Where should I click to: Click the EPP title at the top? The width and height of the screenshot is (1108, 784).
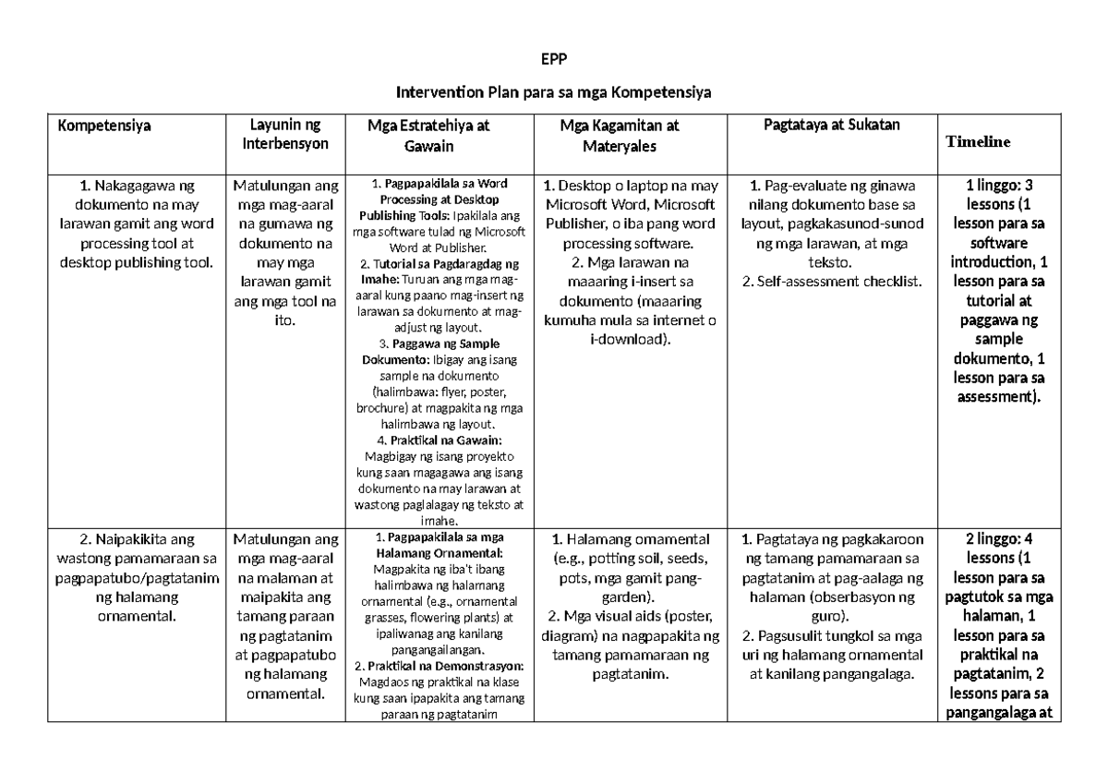click(x=554, y=62)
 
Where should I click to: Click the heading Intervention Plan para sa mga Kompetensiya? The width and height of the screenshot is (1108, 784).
click(x=554, y=92)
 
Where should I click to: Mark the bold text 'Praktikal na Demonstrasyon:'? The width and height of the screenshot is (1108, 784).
click(x=445, y=666)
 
